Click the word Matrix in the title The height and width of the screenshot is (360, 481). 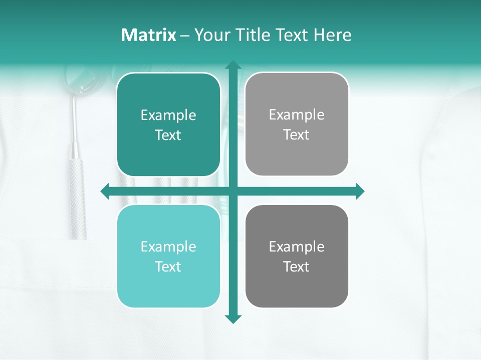(x=148, y=35)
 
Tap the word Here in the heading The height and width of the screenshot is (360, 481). (x=332, y=35)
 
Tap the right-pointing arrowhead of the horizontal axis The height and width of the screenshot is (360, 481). (x=360, y=191)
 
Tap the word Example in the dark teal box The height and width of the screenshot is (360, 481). (x=168, y=115)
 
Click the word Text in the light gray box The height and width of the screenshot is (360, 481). (x=297, y=135)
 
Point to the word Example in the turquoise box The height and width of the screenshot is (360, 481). (x=168, y=247)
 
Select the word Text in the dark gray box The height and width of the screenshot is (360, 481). (x=297, y=267)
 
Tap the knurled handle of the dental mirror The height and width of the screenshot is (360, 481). (x=77, y=200)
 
